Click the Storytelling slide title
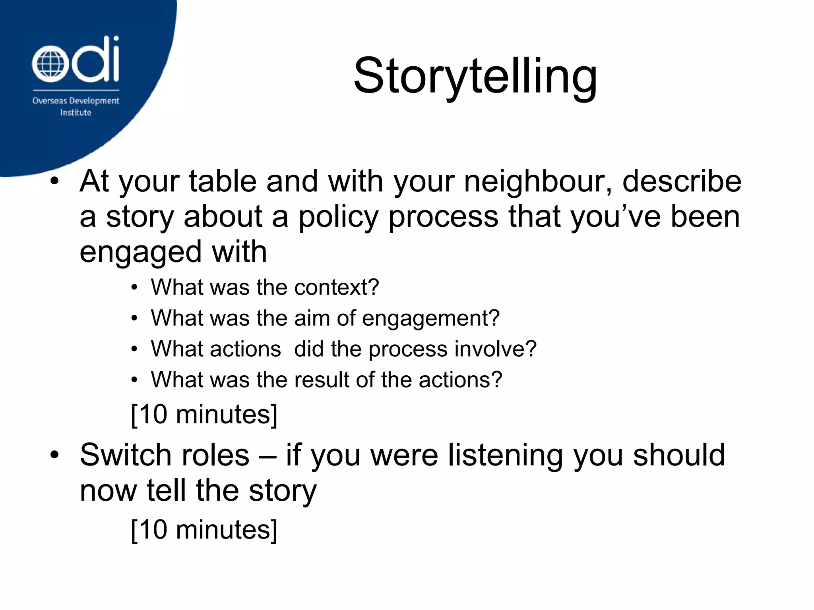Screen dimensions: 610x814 [x=475, y=76]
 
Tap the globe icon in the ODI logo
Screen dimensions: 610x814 [x=48, y=64]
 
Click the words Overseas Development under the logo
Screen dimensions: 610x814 [x=76, y=101]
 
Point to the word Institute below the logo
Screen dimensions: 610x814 [x=76, y=113]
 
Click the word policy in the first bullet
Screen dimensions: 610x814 [x=338, y=217]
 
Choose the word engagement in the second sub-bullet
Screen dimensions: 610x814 [x=430, y=319]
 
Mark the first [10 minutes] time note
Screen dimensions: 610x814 [x=204, y=415]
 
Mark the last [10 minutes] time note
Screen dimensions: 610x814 [x=204, y=530]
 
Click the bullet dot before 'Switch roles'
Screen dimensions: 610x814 [x=54, y=455]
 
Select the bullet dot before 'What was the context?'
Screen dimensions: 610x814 [x=135, y=288]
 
